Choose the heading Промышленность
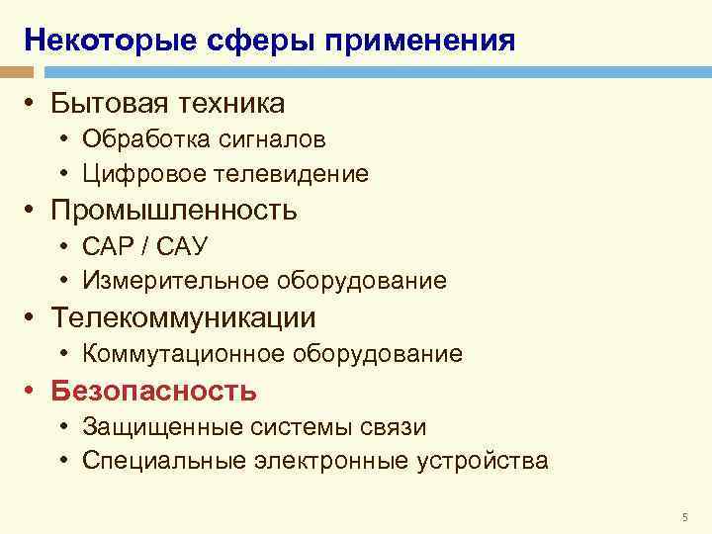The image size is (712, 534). tap(174, 210)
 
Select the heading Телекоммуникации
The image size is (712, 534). tap(184, 317)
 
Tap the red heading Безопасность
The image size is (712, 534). tap(154, 391)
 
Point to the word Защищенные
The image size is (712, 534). tap(150, 426)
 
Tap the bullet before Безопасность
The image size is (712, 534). tap(33, 391)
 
